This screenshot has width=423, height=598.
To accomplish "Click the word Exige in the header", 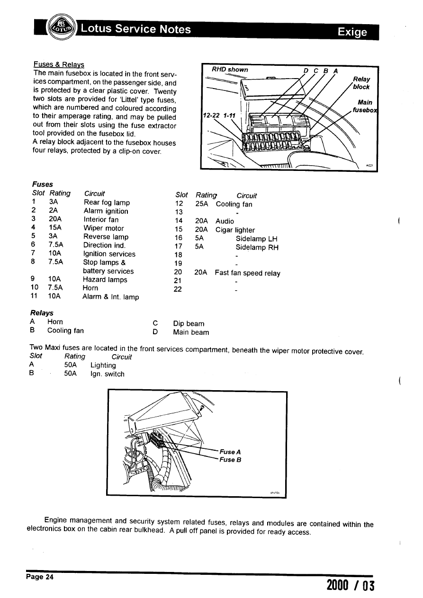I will pos(352,32).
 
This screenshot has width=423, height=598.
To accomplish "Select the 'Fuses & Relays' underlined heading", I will pos(59,64).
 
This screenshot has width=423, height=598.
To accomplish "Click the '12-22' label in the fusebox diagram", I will pos(212,116).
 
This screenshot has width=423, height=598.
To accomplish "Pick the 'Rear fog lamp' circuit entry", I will pos(107,203).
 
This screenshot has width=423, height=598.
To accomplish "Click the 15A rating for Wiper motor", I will pos(56,228).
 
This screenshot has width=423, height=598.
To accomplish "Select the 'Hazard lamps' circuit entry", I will pos(105,280).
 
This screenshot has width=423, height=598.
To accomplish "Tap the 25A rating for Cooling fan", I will pos(202,205).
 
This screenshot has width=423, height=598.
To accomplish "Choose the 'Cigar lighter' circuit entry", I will pos(235,230).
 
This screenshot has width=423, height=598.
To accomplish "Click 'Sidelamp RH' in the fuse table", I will pos(257,247).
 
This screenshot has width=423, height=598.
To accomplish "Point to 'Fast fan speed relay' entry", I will pos(247,273).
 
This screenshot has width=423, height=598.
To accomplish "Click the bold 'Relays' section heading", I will pos(42,313).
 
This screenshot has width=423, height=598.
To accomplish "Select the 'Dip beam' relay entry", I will pos(189,324).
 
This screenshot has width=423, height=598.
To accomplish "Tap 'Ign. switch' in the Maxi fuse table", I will pos(107,374).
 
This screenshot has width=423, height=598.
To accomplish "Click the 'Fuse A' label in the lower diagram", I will pos(231,452).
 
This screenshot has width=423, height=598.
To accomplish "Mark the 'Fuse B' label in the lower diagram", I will pos(231,459).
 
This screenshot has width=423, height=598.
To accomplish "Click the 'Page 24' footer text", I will pos(40,577).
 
